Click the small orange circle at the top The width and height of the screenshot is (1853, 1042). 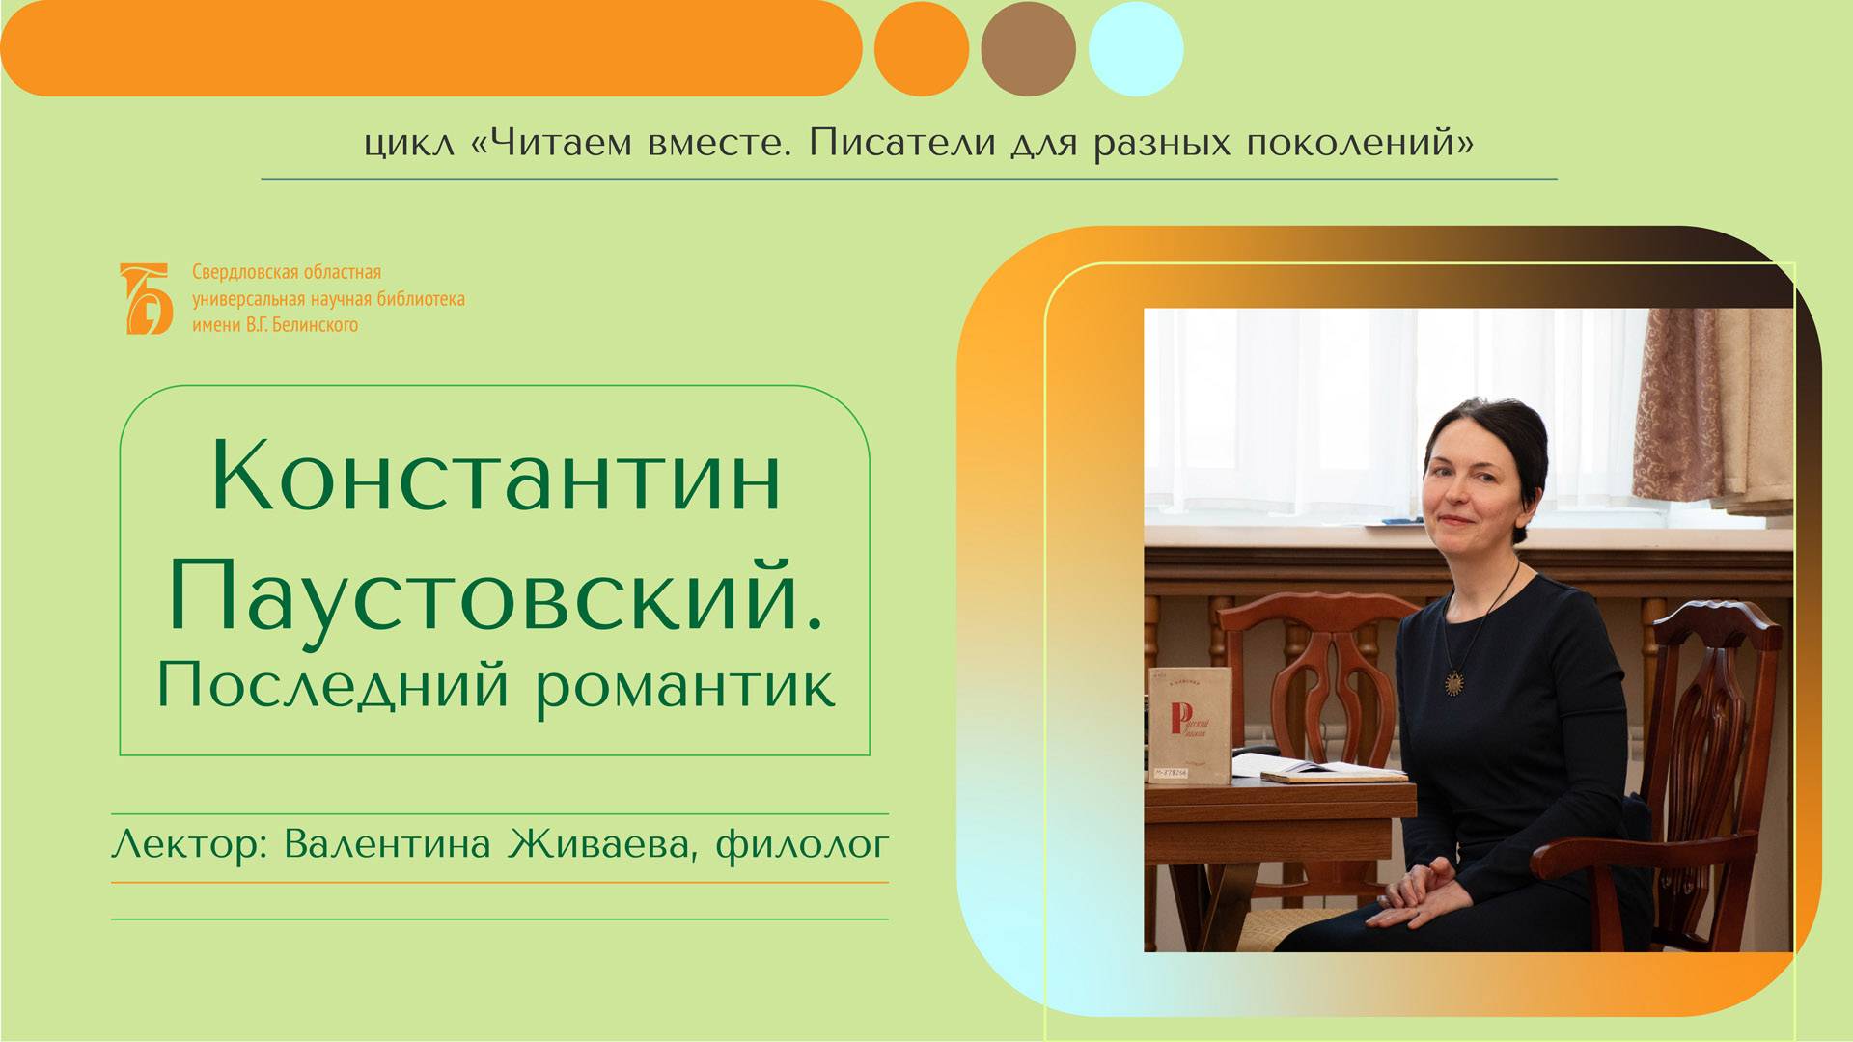click(x=921, y=49)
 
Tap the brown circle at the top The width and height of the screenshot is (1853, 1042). click(x=1028, y=49)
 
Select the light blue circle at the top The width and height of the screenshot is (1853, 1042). click(x=1136, y=49)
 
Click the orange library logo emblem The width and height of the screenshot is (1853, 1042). click(x=146, y=299)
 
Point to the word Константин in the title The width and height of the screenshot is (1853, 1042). click(x=495, y=479)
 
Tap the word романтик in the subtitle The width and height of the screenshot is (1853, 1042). click(x=685, y=687)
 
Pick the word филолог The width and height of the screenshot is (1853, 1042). click(x=801, y=846)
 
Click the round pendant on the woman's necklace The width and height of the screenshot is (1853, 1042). click(x=1453, y=682)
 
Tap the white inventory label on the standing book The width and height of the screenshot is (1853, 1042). click(x=1171, y=773)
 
